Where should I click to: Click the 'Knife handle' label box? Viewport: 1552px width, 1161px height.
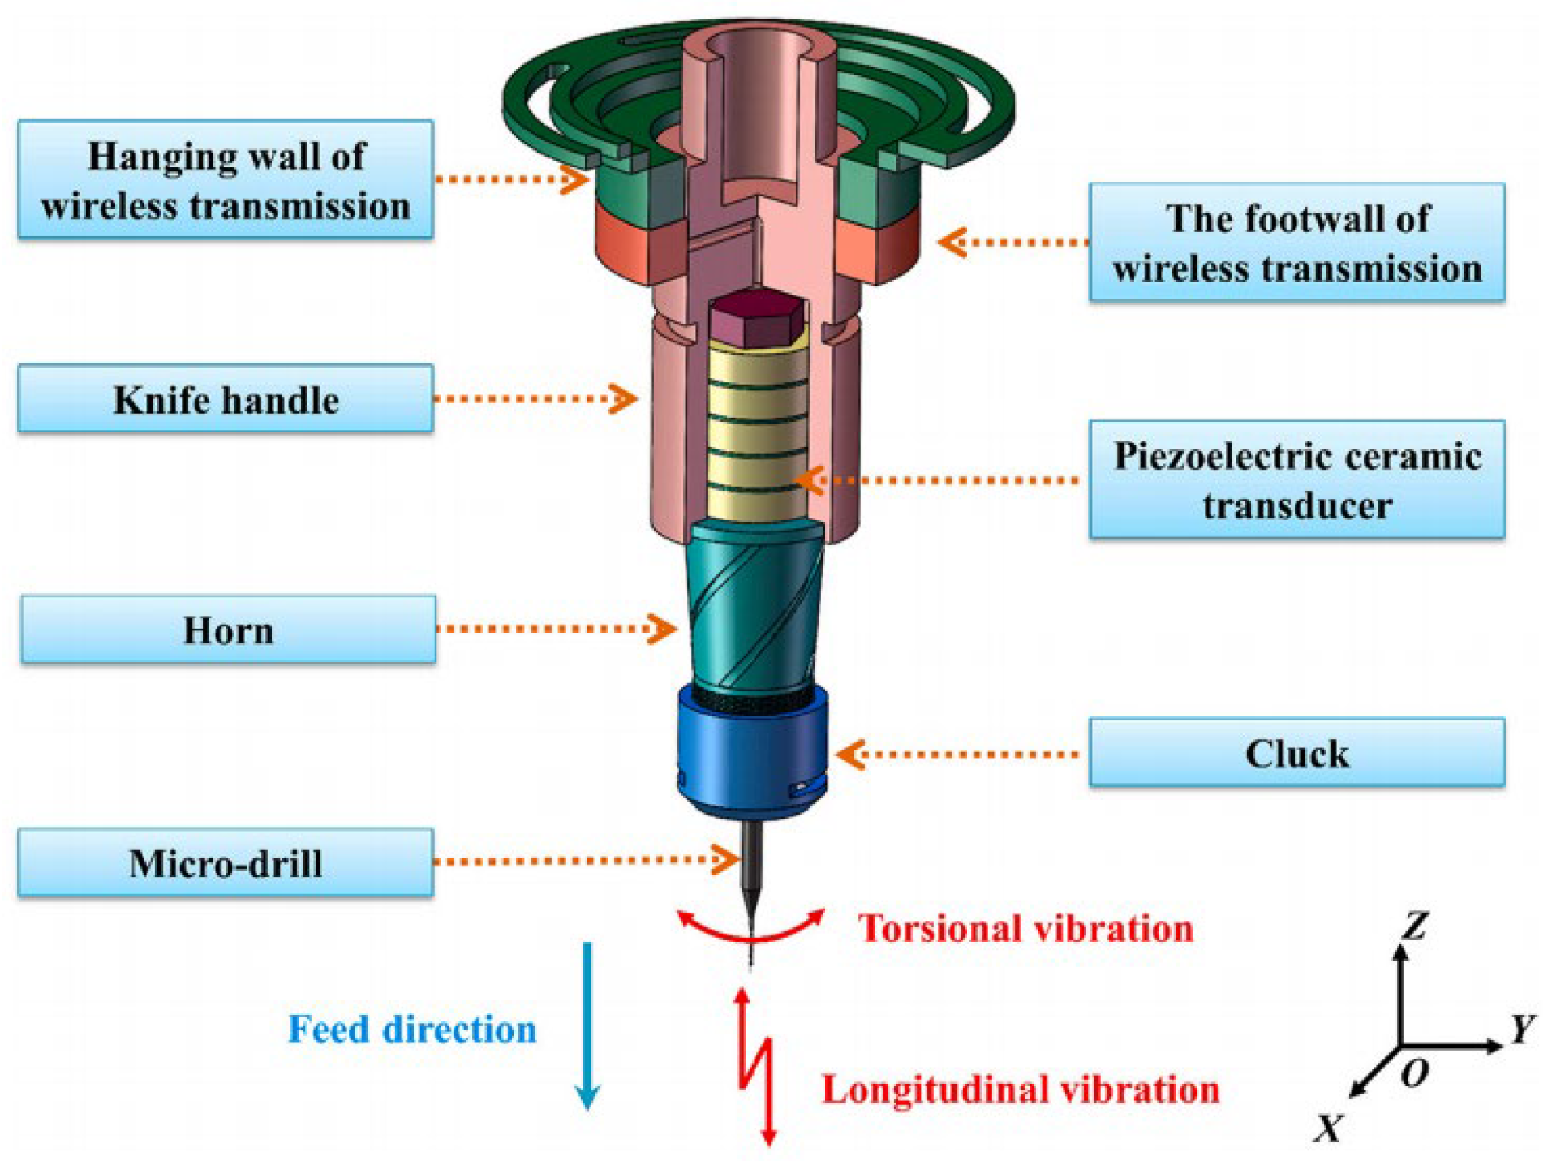pyautogui.click(x=225, y=398)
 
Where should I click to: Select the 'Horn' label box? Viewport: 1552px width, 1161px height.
pyautogui.click(x=228, y=630)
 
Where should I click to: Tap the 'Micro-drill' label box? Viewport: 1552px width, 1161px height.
pyautogui.click(x=225, y=862)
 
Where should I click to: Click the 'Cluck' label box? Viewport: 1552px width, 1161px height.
pyautogui.click(x=1296, y=752)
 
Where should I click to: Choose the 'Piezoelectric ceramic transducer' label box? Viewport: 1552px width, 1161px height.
pyautogui.click(x=1296, y=479)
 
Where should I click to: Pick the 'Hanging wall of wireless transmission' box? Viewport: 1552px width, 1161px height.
pyautogui.click(x=225, y=179)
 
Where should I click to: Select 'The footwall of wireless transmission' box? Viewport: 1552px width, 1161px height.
pyautogui.click(x=1296, y=242)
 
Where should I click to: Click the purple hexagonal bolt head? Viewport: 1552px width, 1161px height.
pyautogui.click(x=756, y=318)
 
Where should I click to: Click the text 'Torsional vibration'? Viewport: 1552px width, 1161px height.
pyautogui.click(x=1025, y=927)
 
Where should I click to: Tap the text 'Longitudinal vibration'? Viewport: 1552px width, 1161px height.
pyautogui.click(x=1020, y=1089)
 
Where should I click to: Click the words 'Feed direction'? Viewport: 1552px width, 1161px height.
pyautogui.click(x=412, y=1029)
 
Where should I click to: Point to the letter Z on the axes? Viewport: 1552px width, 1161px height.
pyautogui.click(x=1416, y=925)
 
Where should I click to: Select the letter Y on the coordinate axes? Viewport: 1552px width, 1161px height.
pyautogui.click(x=1523, y=1029)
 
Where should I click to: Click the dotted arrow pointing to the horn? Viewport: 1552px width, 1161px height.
pyautogui.click(x=556, y=629)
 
